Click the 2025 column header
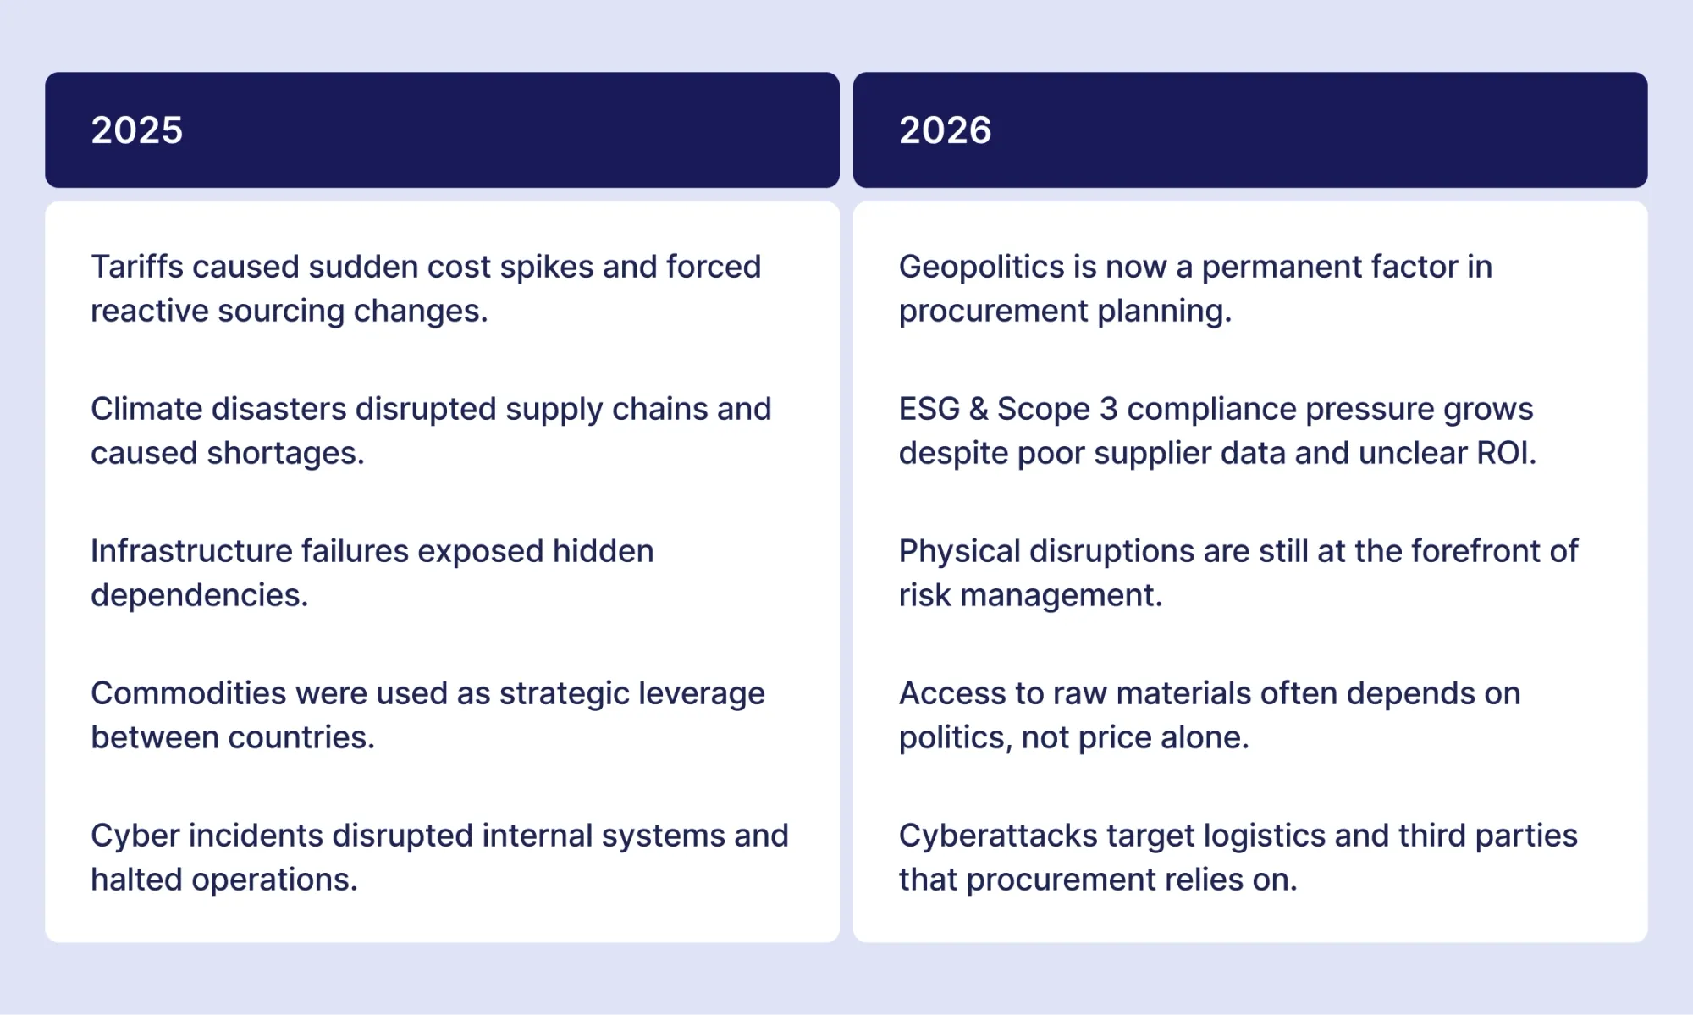[x=442, y=130]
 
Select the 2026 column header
[x=1250, y=130]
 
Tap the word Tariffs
[x=137, y=267]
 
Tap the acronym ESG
[x=929, y=409]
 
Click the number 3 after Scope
[x=1109, y=409]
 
